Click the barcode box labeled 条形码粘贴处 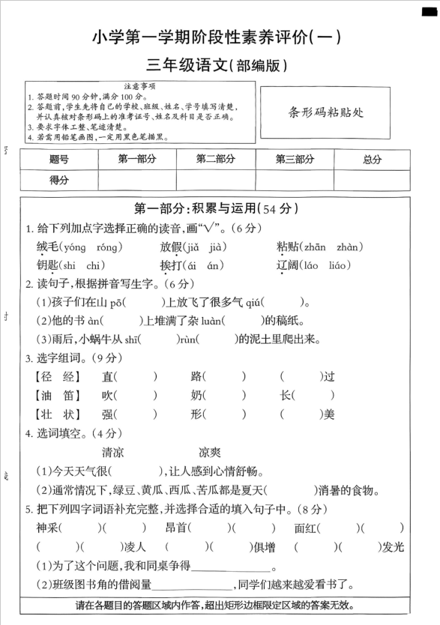[x=325, y=112]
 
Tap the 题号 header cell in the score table [x=58, y=159]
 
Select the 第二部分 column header [x=215, y=159]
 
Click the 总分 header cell [x=372, y=159]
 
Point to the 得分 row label [x=58, y=180]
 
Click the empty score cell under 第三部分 [x=295, y=180]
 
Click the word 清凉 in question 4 [x=112, y=452]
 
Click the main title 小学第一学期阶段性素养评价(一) [x=217, y=37]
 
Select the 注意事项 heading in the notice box [x=139, y=87]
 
